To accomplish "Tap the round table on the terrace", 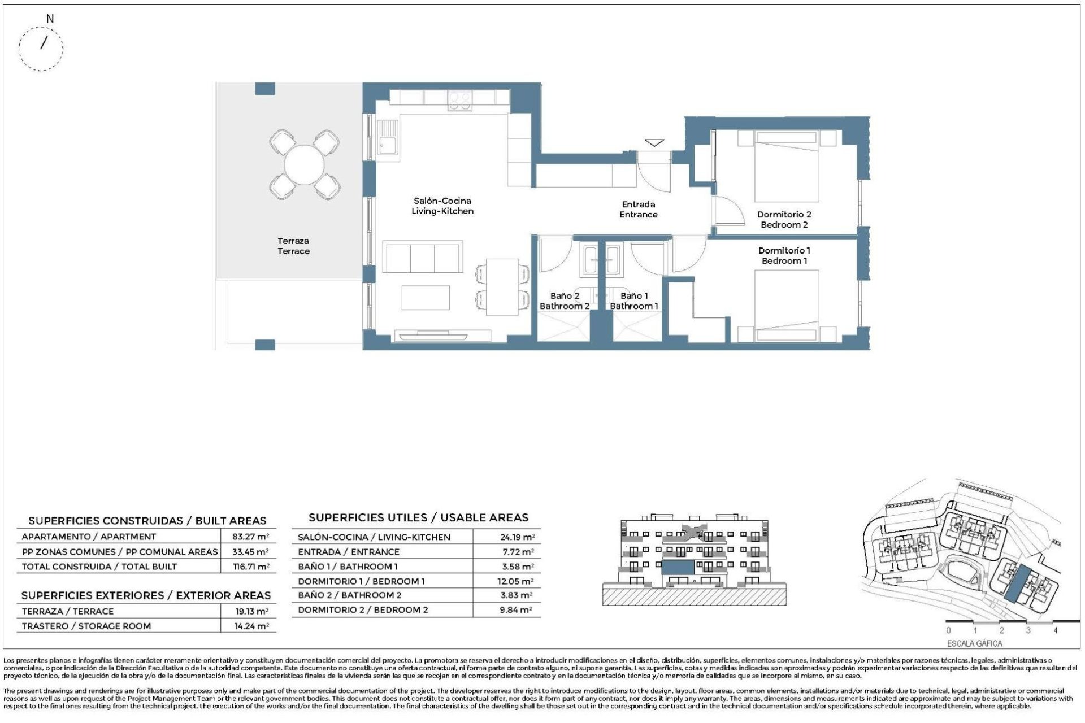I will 304,165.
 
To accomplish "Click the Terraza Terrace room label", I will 293,246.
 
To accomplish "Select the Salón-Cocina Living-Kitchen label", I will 442,206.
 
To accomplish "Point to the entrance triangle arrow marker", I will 654,143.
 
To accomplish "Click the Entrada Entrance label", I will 639,210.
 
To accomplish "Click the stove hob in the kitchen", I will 459,101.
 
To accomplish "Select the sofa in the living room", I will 423,258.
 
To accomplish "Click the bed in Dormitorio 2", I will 787,167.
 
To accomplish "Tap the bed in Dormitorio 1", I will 787,306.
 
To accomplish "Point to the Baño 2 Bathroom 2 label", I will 565,301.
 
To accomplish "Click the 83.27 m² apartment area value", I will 250,537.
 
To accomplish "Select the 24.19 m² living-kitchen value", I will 517,537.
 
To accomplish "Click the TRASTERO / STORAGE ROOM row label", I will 86,626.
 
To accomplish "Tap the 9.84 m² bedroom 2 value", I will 515,610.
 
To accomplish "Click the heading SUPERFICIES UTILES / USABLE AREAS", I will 418,517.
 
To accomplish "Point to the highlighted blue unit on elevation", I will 678,567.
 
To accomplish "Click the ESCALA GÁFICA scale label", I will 974,643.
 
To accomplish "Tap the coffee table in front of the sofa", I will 426,298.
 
